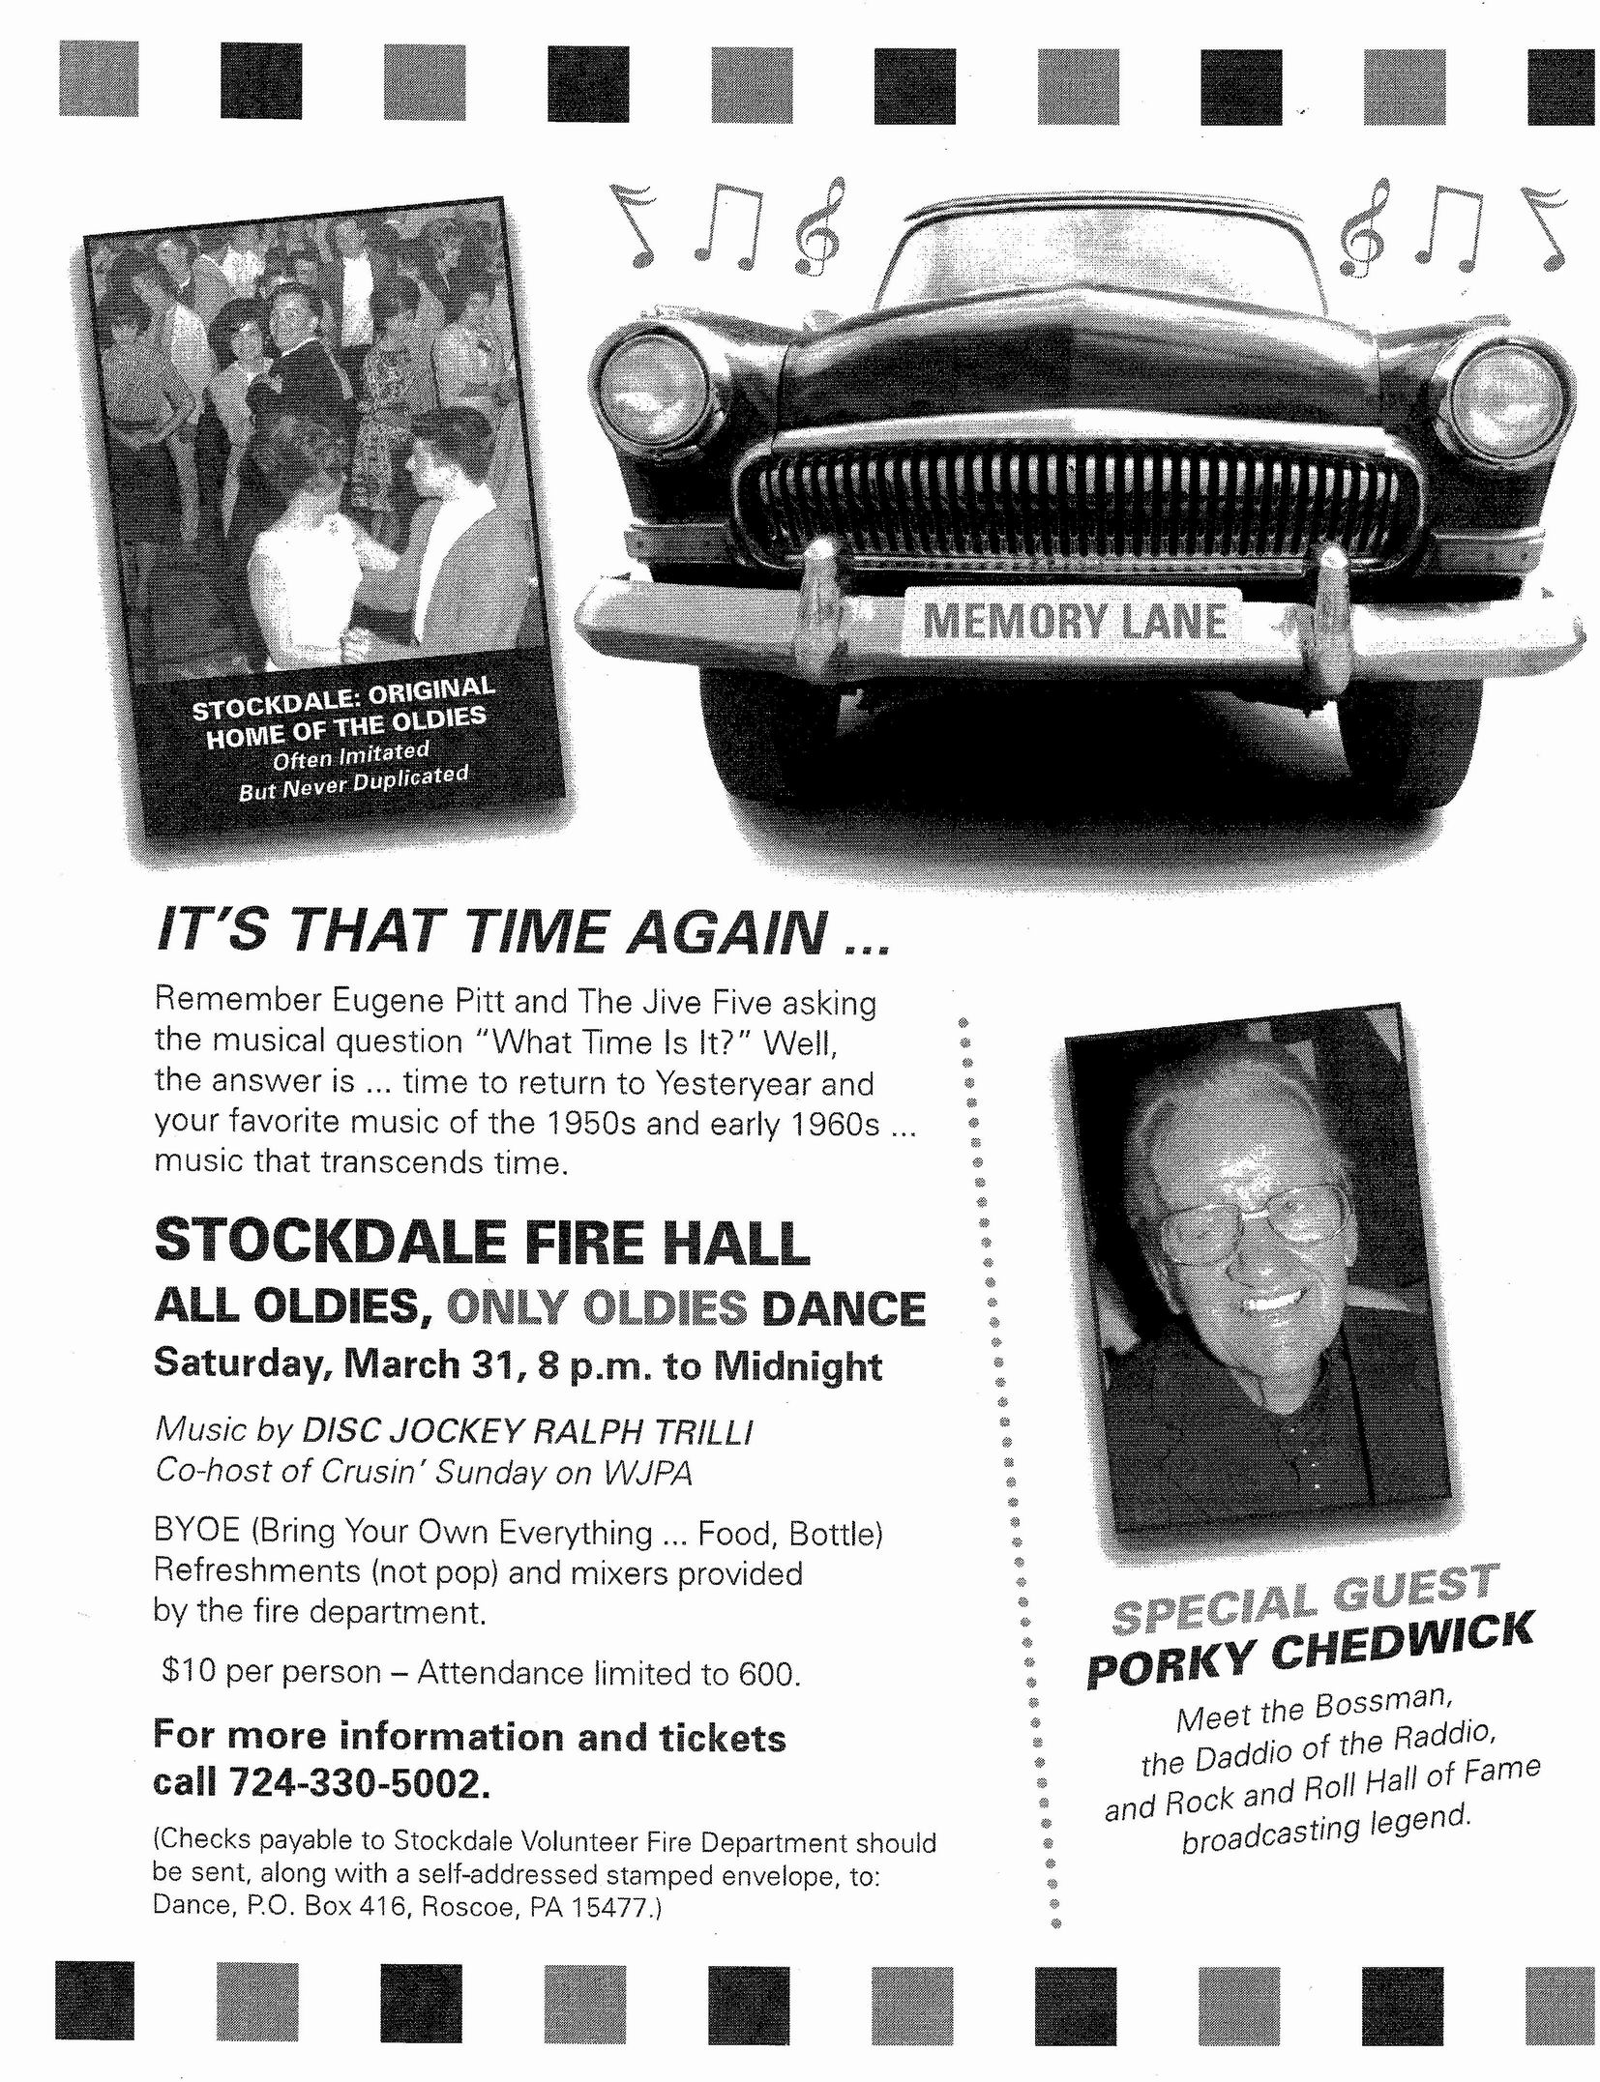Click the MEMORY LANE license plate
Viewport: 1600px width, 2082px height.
[x=1075, y=620]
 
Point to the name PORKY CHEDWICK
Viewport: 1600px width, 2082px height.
[x=1310, y=1651]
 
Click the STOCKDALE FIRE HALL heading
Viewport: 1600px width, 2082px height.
[x=482, y=1243]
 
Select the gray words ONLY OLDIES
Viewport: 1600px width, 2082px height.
[x=596, y=1307]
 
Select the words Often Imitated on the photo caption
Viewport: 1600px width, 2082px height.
[x=350, y=755]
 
